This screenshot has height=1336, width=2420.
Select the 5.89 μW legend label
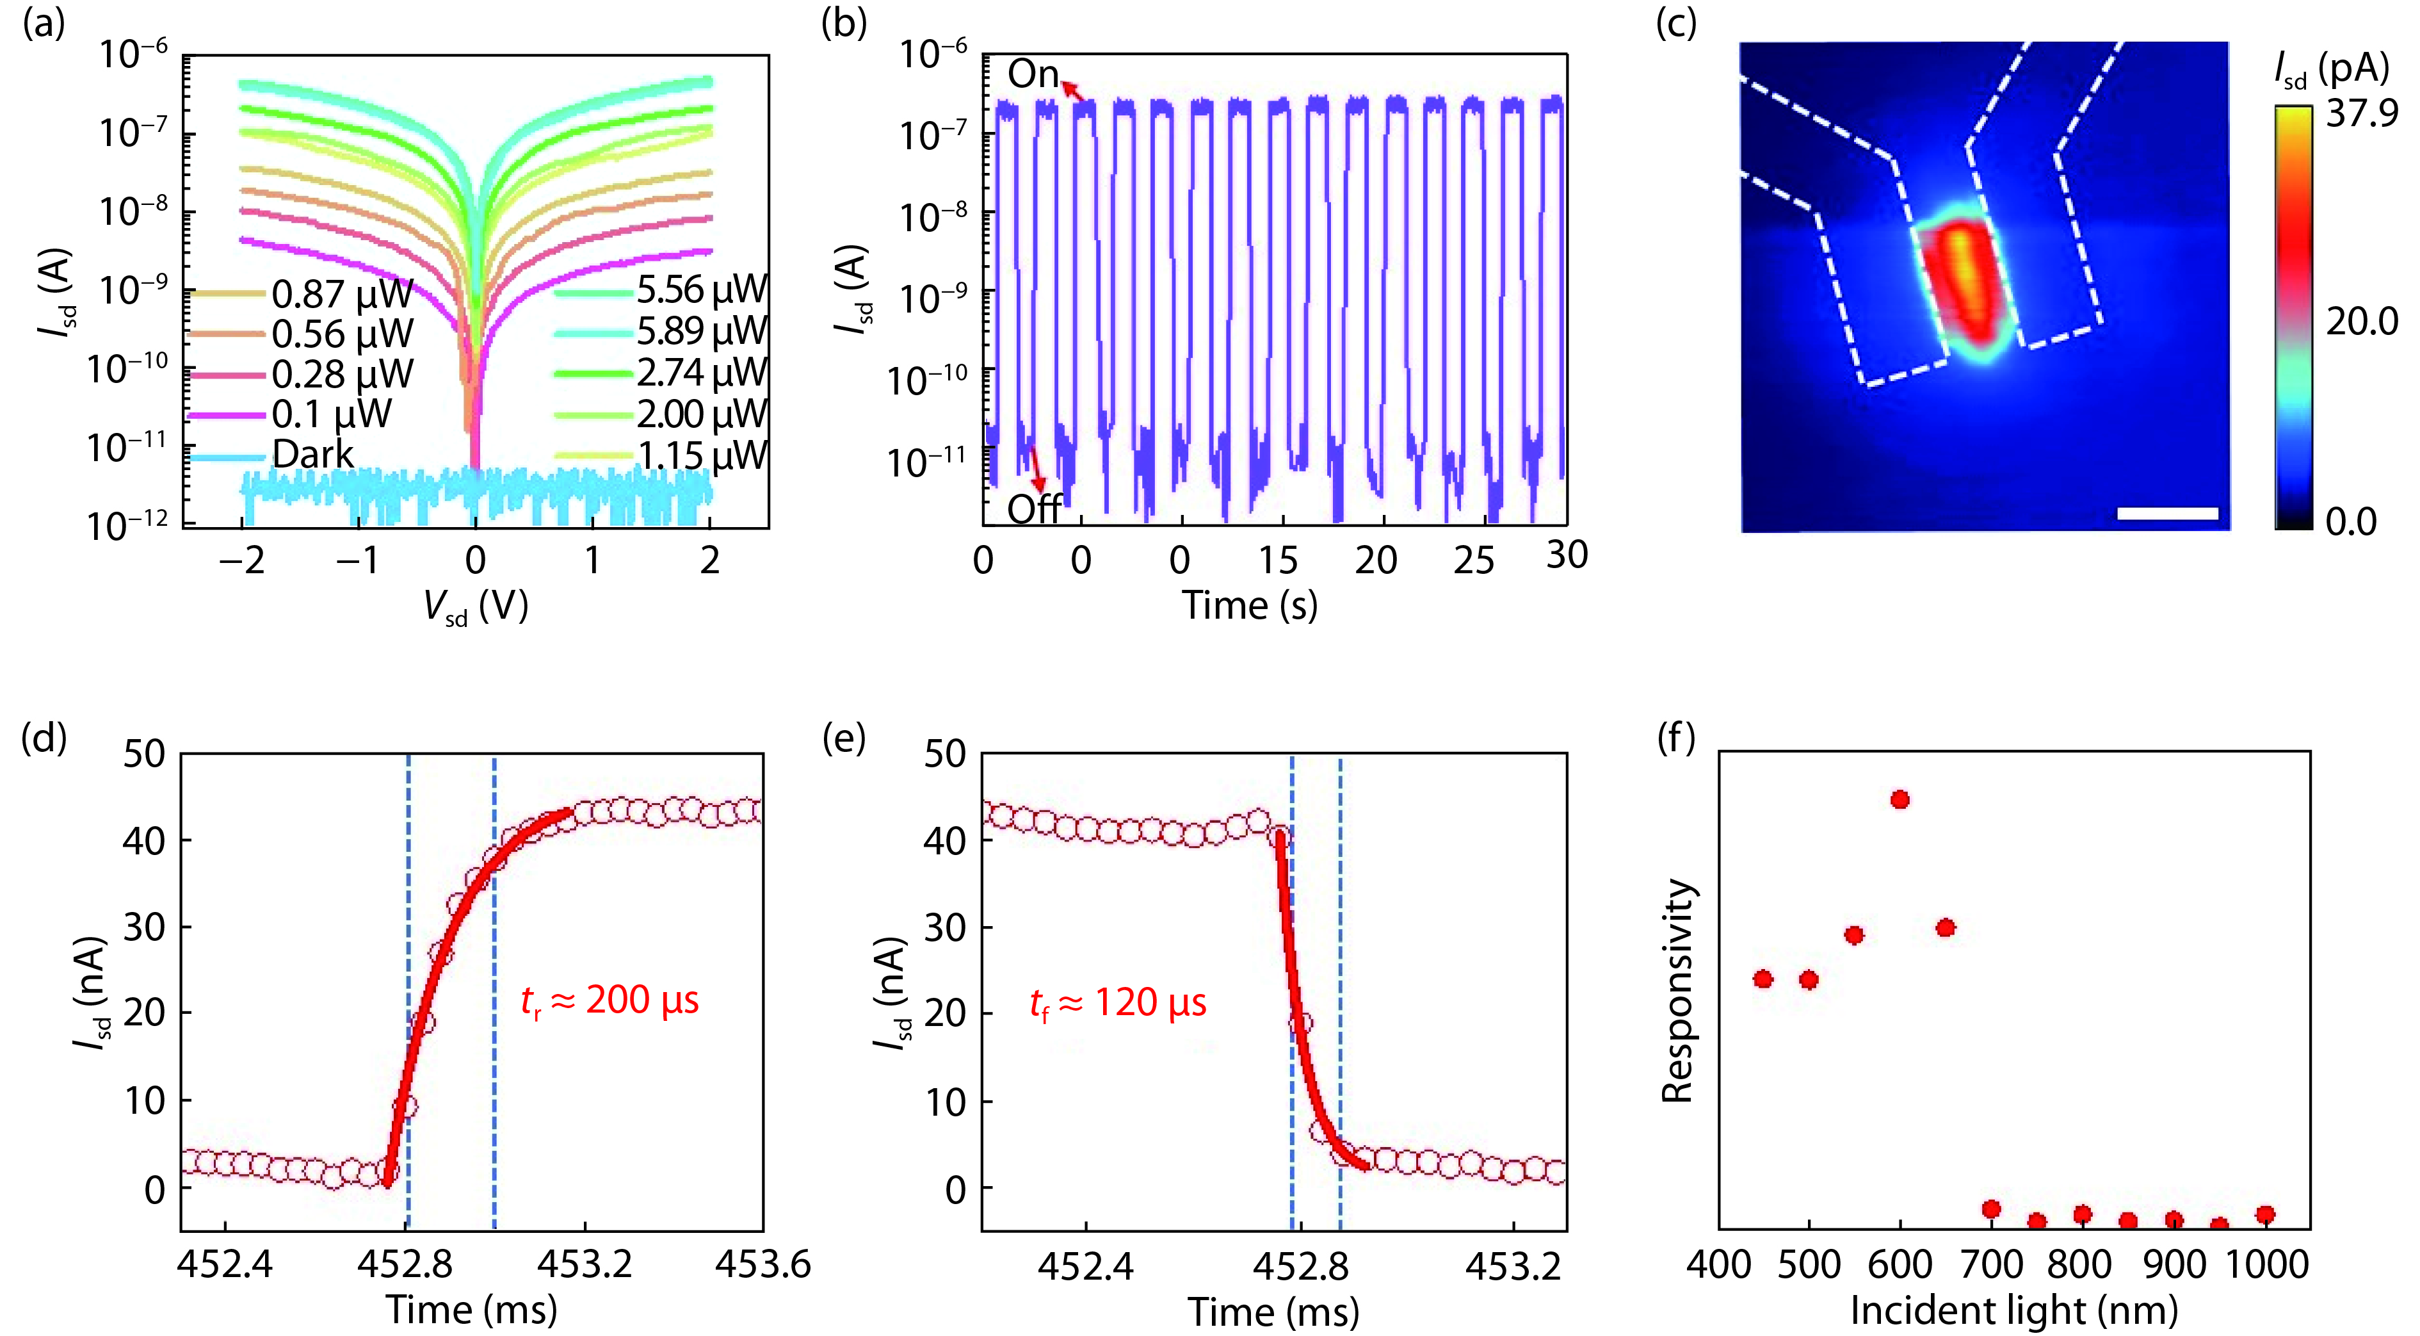(x=702, y=330)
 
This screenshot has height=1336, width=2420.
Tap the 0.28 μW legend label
(x=342, y=374)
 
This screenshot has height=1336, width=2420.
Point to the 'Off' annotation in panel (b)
(x=1033, y=509)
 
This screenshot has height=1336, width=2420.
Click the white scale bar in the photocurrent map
(x=2167, y=513)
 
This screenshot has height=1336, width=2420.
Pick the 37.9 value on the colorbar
(x=2361, y=114)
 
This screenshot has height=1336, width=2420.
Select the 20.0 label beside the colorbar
(x=2361, y=322)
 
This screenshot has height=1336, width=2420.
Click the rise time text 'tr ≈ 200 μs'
(x=609, y=1000)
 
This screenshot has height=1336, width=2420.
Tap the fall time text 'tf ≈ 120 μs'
(x=1118, y=1004)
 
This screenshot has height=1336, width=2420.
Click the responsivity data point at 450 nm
(x=1763, y=979)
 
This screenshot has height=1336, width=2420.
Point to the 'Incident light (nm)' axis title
(x=2013, y=1310)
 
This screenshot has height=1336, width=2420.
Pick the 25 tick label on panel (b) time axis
(x=1473, y=560)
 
